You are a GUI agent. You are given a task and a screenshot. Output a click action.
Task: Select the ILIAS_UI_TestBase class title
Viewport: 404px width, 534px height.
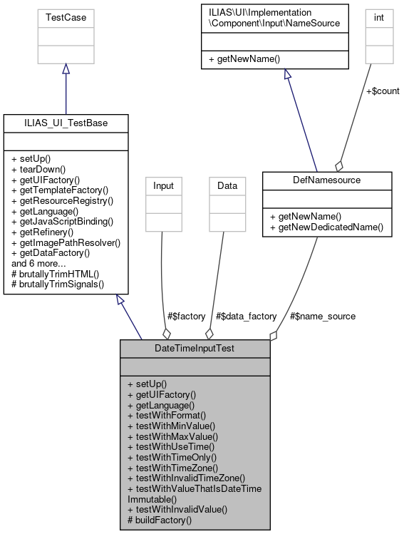click(x=66, y=123)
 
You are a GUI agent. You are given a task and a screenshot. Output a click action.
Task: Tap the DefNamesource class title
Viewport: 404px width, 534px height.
click(x=327, y=180)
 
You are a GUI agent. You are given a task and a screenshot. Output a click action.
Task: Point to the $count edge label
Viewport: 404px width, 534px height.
click(x=382, y=91)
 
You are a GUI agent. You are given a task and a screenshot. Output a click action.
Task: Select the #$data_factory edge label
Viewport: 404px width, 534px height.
click(x=247, y=316)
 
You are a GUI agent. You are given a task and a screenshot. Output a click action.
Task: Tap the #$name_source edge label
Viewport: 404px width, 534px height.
click(x=321, y=316)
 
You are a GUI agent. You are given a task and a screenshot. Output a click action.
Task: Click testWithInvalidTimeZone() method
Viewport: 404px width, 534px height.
click(x=186, y=478)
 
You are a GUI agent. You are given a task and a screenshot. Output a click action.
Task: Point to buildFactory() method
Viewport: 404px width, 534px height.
click(x=160, y=520)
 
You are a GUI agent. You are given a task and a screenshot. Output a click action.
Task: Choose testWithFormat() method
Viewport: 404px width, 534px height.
click(x=166, y=414)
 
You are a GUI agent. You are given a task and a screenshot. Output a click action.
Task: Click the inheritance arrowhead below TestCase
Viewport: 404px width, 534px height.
click(x=66, y=68)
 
